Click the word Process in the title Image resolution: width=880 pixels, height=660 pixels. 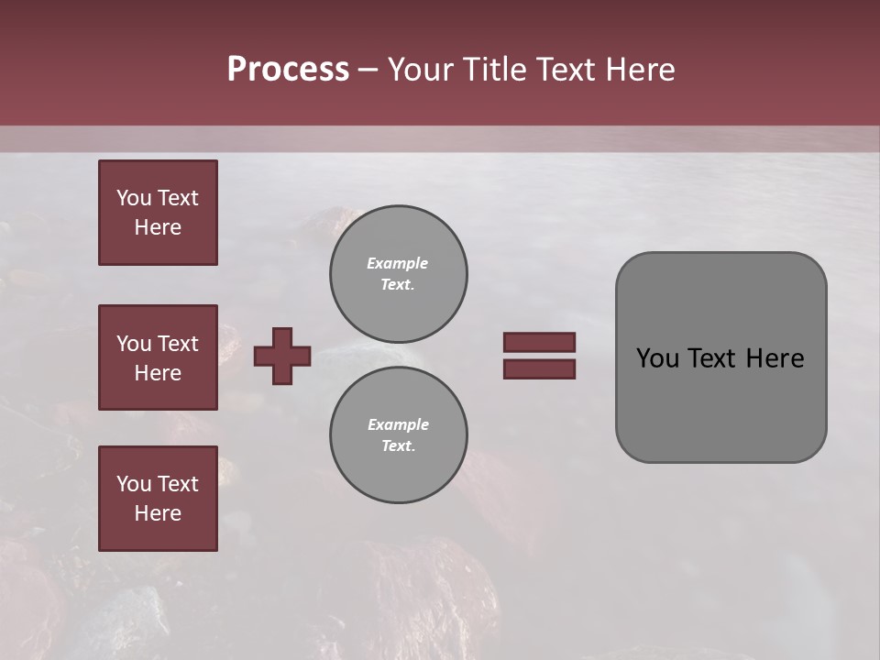tap(288, 70)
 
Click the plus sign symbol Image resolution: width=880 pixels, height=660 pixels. tap(282, 356)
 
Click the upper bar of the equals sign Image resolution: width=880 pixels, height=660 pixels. tap(539, 342)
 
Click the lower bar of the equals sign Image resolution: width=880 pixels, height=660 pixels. tap(539, 368)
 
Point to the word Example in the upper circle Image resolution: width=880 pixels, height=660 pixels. tap(398, 263)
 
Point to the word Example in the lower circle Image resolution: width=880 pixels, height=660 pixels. tap(398, 424)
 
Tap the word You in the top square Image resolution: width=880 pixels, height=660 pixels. tap(133, 198)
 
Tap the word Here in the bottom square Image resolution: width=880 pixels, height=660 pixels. tap(158, 513)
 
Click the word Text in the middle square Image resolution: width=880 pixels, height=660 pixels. tap(178, 344)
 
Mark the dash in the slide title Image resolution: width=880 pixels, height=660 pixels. tap(368, 70)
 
